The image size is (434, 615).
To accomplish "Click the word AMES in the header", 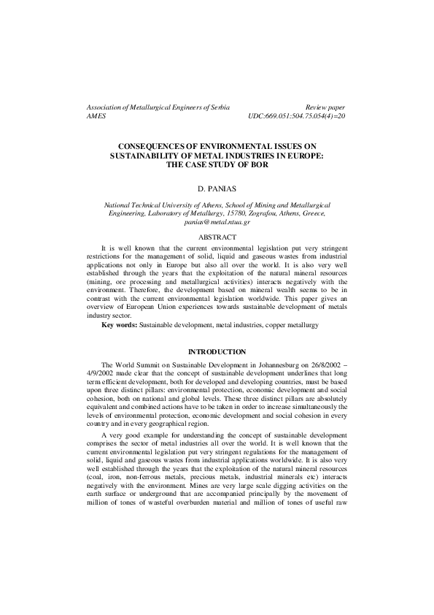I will coord(96,116).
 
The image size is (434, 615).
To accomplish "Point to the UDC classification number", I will coord(297,116).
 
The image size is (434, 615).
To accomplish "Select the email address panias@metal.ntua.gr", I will coord(217,220).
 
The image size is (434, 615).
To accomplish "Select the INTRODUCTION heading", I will coord(217,353).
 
